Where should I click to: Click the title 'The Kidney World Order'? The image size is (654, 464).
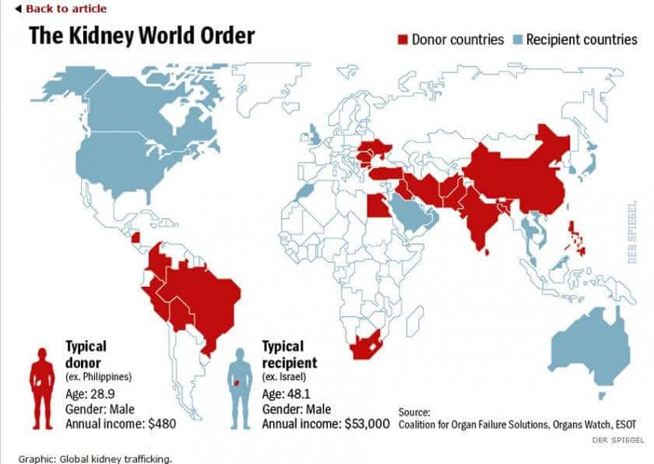click(142, 36)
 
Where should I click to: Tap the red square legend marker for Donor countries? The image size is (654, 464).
click(403, 40)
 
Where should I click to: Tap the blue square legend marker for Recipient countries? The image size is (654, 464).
click(517, 40)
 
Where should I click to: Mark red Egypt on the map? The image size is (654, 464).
click(376, 206)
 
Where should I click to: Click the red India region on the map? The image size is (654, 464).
click(480, 218)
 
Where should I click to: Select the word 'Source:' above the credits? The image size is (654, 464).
click(414, 411)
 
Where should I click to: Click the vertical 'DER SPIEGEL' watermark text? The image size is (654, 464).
click(632, 232)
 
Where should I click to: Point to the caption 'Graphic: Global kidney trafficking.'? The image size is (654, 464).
click(94, 458)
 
